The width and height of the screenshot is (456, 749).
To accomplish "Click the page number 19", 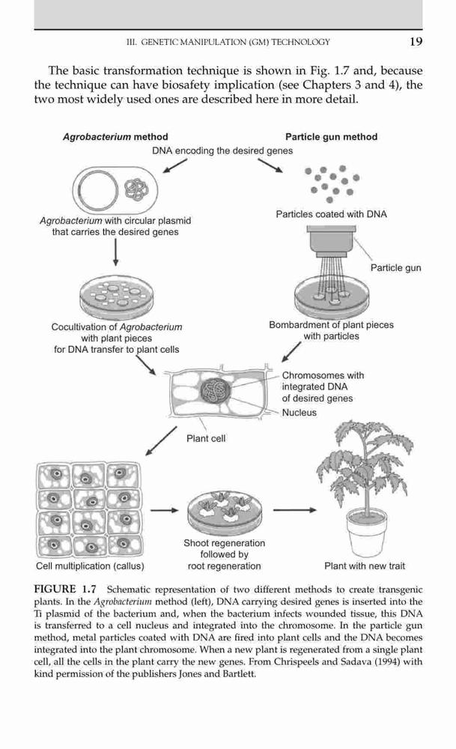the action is (x=416, y=41).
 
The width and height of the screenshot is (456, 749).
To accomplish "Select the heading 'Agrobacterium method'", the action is (x=115, y=137).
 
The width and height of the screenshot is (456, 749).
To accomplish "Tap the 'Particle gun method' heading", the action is (x=332, y=136).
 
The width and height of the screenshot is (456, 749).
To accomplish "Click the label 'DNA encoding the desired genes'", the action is (x=222, y=151).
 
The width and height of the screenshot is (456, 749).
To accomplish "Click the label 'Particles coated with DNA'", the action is (x=332, y=214).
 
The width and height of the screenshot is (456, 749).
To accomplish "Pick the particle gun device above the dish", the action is (x=332, y=240).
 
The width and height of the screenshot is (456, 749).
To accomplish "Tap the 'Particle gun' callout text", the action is (x=396, y=268).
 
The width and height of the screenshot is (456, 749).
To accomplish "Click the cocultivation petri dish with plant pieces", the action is (x=117, y=297).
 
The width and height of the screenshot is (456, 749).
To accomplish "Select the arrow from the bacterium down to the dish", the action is (x=115, y=252).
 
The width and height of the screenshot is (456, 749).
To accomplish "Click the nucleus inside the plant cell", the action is (x=216, y=392).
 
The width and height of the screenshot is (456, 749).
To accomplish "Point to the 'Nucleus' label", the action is (x=299, y=413).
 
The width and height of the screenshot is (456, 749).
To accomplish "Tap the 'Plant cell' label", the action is (x=206, y=438).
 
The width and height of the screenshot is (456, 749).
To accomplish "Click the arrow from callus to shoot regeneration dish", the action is (x=164, y=511).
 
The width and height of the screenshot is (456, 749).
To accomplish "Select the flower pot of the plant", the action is (x=366, y=532).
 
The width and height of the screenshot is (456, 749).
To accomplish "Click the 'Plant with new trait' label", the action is (x=365, y=566).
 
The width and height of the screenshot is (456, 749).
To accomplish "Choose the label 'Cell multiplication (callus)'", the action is (x=90, y=566).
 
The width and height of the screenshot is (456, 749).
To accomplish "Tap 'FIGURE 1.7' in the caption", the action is (x=65, y=589).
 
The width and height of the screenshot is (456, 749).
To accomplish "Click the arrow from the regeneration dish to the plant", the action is (x=294, y=510).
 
